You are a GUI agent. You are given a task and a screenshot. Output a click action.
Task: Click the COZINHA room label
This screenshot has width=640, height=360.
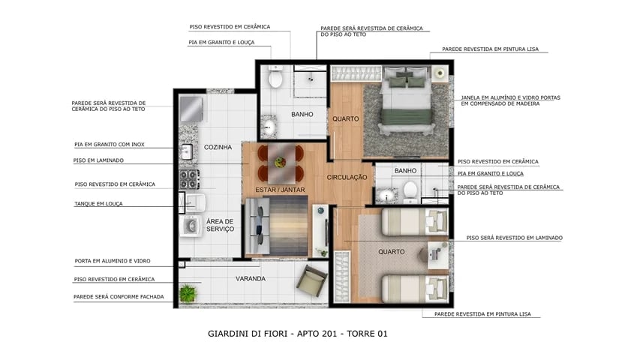pyautogui.click(x=218, y=147)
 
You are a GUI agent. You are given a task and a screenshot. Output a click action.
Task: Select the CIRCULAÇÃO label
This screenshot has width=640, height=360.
pyautogui.click(x=347, y=178)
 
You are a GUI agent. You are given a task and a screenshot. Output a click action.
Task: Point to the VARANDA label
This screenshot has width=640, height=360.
pyautogui.click(x=251, y=278)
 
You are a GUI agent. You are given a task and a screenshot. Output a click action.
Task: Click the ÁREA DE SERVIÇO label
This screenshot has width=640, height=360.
pyautogui.click(x=220, y=225)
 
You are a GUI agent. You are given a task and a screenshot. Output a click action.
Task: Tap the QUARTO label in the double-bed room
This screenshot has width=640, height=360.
pyautogui.click(x=346, y=118)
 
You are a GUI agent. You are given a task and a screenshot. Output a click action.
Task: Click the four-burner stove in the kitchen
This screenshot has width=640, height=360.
pyautogui.click(x=188, y=178)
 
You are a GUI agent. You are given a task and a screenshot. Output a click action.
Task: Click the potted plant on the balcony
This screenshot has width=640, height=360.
pyautogui.click(x=188, y=292)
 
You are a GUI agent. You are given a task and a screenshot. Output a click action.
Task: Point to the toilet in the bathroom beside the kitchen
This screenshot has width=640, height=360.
pyautogui.click(x=275, y=78)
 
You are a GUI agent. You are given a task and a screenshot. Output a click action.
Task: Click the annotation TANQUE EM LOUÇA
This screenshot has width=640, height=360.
pyautogui.click(x=98, y=203)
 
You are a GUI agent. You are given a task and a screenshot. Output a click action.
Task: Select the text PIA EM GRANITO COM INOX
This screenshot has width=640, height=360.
pyautogui.click(x=109, y=144)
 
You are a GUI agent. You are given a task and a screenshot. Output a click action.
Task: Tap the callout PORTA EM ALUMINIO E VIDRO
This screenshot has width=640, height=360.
pyautogui.click(x=112, y=261)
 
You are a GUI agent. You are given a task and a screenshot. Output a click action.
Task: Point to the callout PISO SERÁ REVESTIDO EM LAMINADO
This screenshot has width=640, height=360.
pyautogui.click(x=514, y=238)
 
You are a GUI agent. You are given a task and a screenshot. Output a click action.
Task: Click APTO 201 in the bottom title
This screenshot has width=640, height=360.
pyautogui.click(x=324, y=334)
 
